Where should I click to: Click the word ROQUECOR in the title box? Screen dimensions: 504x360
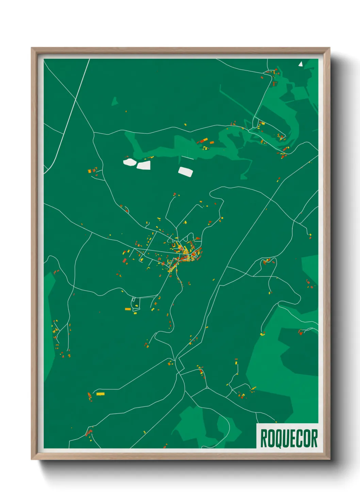289,438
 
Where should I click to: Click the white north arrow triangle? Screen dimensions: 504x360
300,64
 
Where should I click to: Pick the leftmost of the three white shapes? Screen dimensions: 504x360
129,162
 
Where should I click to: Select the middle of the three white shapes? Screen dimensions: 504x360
144,166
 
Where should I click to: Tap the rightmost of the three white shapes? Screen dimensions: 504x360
185,171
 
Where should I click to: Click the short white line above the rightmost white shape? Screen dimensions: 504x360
187,158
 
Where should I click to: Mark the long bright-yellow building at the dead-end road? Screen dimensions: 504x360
100,394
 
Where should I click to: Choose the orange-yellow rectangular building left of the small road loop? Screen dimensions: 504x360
128,309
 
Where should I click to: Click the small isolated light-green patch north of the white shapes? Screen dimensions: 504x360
115,101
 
